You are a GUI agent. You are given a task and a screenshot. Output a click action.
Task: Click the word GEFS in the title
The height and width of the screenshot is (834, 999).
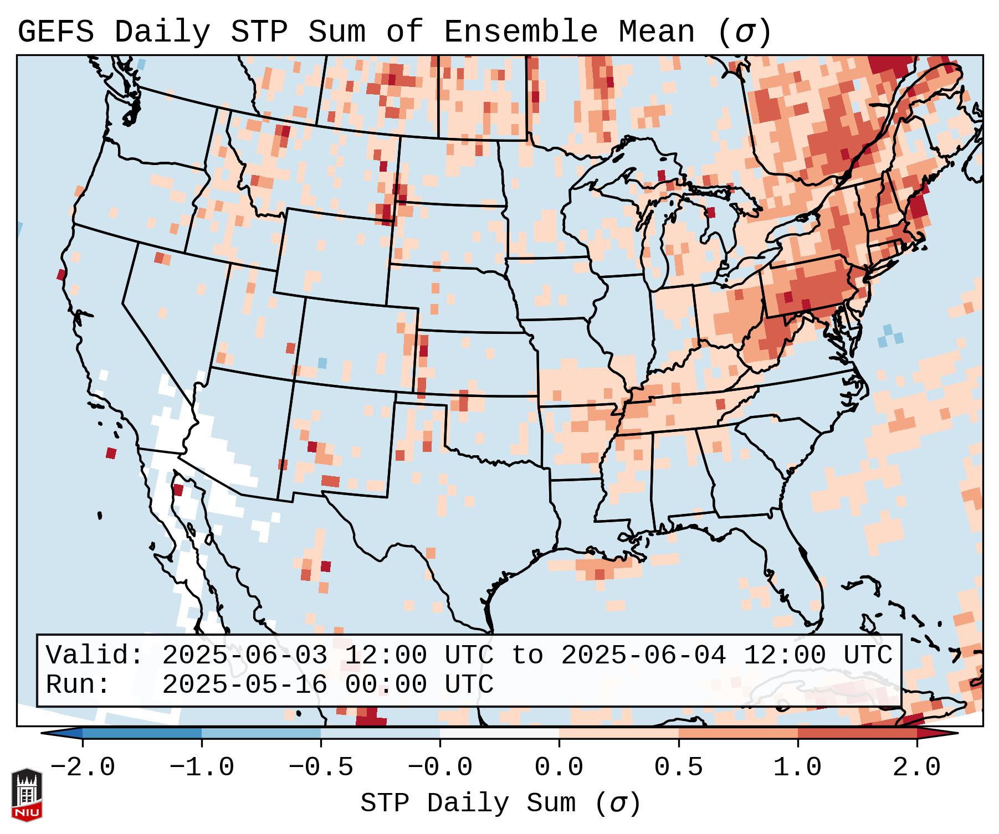tap(56, 32)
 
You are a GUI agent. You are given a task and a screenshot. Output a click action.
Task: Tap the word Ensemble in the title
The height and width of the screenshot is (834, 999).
tap(521, 32)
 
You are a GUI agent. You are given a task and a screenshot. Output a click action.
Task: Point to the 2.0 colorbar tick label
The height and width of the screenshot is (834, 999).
tap(917, 768)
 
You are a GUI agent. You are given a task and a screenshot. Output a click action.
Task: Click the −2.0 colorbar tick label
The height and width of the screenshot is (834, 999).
tap(83, 768)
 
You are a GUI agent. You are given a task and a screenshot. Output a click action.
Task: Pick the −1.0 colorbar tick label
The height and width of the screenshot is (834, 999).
tap(202, 768)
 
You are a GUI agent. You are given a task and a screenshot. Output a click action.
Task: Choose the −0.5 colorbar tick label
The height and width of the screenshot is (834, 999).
tap(321, 768)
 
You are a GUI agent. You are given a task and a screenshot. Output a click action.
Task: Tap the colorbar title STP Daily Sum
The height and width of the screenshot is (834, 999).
tap(468, 804)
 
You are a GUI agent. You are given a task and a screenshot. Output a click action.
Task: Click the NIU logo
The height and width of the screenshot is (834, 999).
tap(27, 795)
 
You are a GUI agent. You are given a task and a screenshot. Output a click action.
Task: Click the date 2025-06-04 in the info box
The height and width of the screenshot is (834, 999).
tap(643, 656)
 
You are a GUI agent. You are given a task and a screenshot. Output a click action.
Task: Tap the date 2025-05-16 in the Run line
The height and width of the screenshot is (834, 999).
tap(244, 685)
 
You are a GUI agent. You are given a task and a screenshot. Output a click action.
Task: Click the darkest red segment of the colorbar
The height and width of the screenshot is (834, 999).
tap(857, 733)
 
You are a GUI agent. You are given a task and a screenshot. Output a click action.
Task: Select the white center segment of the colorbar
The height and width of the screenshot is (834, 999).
tap(499, 733)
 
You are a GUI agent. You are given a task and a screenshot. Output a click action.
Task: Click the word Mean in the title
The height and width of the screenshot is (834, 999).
tap(657, 32)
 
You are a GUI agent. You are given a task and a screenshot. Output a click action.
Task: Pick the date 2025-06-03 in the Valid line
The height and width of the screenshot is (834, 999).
tap(244, 656)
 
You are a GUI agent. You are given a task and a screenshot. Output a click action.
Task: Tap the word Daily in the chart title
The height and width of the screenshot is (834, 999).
tap(162, 32)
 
